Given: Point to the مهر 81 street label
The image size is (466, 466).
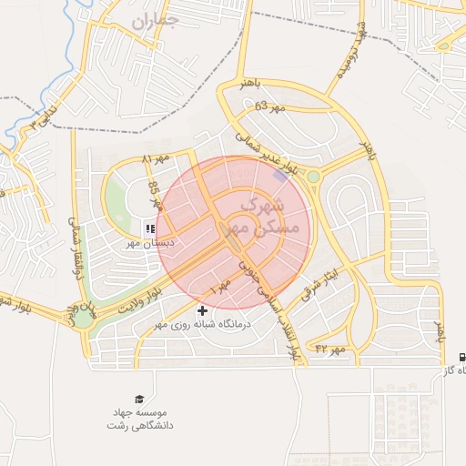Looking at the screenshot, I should pyautogui.click(x=155, y=161).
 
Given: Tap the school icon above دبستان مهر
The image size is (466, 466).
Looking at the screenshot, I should pyautogui.click(x=149, y=228).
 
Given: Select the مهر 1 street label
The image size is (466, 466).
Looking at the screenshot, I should pyautogui.click(x=221, y=287).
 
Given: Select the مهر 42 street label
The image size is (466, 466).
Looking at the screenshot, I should pyautogui.click(x=331, y=349).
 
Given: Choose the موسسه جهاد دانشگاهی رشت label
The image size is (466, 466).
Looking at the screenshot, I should pyautogui.click(x=144, y=419).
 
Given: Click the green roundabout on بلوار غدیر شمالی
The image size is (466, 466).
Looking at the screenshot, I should pyautogui.click(x=314, y=176).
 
